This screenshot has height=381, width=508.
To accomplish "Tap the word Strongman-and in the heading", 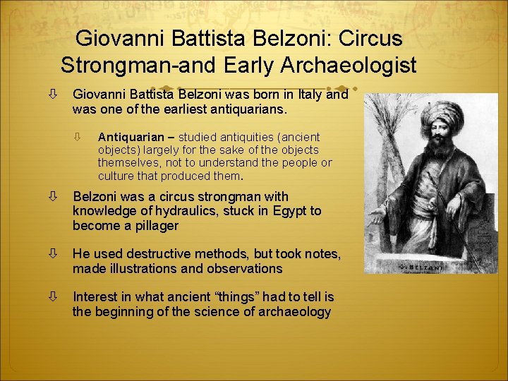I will [x=135, y=65].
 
